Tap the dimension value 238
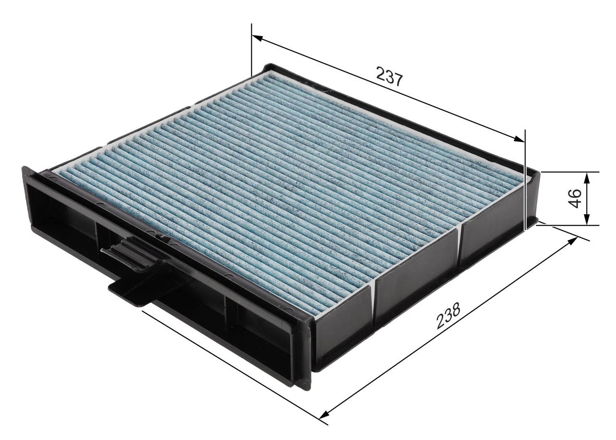click(x=449, y=316)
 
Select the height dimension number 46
click(x=575, y=198)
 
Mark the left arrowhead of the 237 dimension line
click(x=257, y=39)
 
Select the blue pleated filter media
click(x=289, y=183)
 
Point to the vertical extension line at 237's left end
click(x=251, y=48)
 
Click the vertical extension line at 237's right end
click(x=525, y=178)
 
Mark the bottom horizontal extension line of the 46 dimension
click(x=568, y=225)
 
